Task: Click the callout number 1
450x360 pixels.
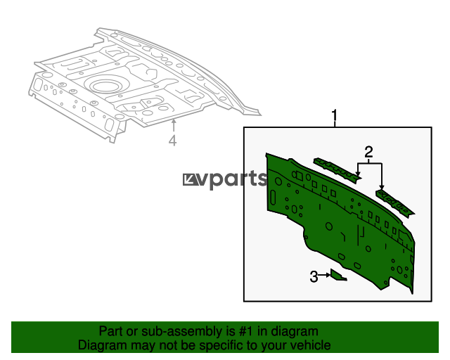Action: [x=335, y=115]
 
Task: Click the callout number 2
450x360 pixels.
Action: [x=368, y=152]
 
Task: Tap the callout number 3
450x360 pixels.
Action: [x=314, y=277]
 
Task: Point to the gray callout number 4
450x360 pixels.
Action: [x=172, y=141]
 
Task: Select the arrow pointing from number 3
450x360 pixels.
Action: [x=324, y=275]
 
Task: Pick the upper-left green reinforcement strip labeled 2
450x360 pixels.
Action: [x=337, y=170]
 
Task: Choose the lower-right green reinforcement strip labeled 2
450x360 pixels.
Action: [x=395, y=203]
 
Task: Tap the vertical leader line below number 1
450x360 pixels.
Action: [x=335, y=124]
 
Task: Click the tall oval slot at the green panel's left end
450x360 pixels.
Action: [x=272, y=198]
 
